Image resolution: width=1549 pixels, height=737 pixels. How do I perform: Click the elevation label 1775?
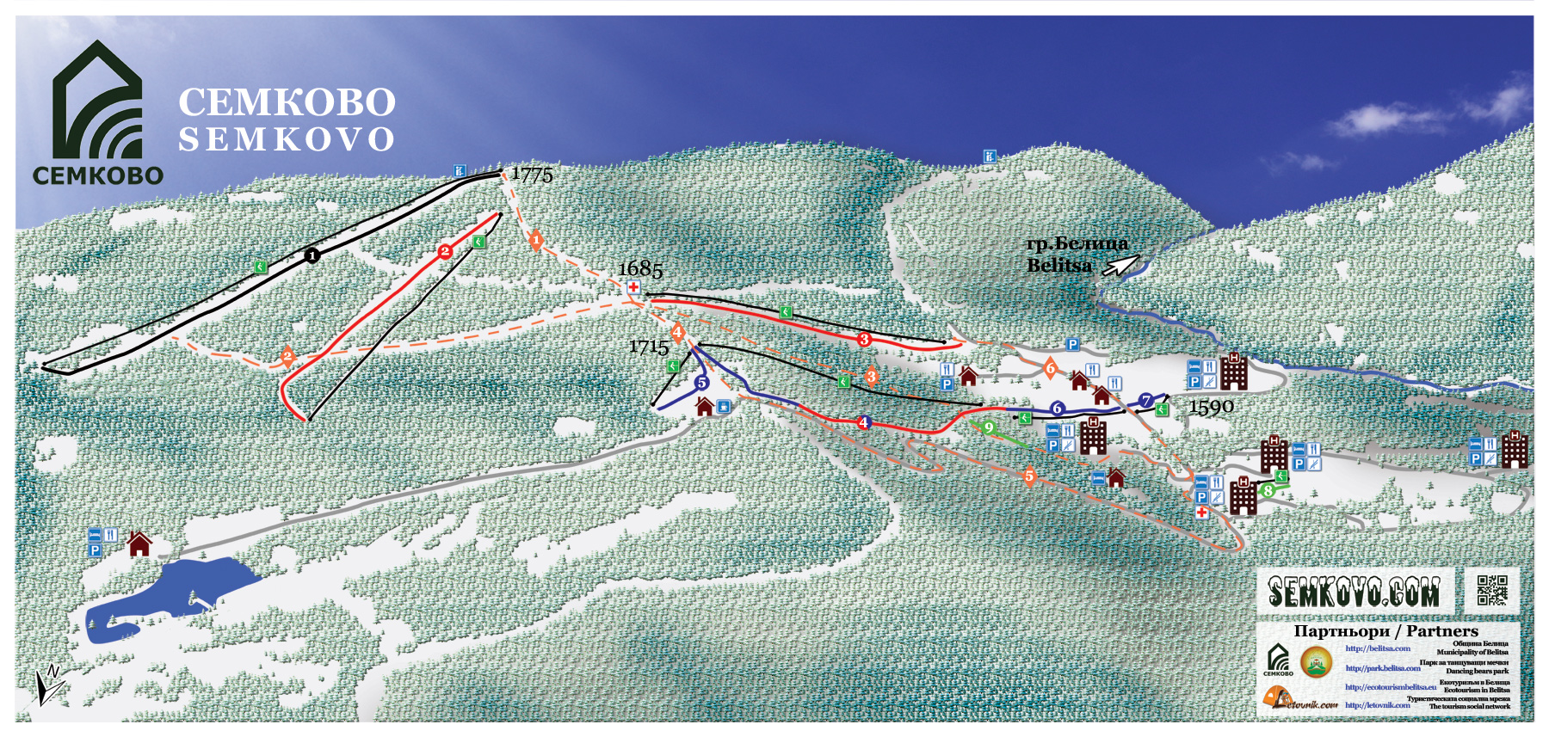[x=532, y=175]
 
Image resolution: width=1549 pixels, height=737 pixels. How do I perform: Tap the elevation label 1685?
[x=640, y=270]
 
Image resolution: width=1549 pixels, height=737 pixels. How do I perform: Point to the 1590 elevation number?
[x=1211, y=407]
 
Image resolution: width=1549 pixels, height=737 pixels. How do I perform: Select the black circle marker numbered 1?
[x=312, y=255]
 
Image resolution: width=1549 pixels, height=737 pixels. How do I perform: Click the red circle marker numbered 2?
[x=445, y=251]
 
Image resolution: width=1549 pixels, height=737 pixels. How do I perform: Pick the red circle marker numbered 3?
[x=864, y=339]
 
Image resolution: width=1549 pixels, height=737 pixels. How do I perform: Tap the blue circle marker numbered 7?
[x=1146, y=401]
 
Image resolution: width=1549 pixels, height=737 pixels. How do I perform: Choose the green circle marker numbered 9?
[x=989, y=427]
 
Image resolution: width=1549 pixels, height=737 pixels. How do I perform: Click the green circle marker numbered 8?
[x=1268, y=491]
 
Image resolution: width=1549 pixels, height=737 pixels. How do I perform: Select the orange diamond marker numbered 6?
[x=1050, y=368]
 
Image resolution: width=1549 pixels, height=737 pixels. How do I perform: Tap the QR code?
[x=1492, y=590]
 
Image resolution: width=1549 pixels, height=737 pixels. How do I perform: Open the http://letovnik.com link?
[x=1377, y=705]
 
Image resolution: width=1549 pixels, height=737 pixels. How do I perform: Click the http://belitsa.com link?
[x=1378, y=648]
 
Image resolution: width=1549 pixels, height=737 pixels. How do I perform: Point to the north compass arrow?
[x=48, y=685]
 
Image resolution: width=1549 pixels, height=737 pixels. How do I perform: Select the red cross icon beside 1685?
[x=633, y=287]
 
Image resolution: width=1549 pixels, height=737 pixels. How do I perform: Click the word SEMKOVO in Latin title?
[x=287, y=139]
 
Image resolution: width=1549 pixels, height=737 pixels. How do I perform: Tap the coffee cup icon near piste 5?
[x=724, y=406]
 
